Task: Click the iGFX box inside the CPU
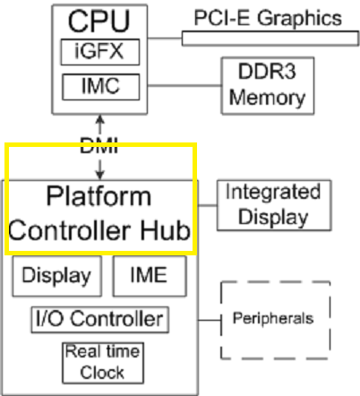coord(99,51)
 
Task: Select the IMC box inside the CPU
coord(99,87)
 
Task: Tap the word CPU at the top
coord(99,20)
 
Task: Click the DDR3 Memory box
coord(267,84)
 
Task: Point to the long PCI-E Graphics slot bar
coord(269,38)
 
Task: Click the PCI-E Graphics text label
coord(269,17)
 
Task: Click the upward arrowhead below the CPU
coord(99,118)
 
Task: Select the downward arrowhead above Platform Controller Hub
coord(99,173)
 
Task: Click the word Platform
coord(99,196)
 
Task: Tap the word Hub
coord(167,230)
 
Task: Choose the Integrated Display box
coord(272,204)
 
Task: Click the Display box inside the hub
coord(56,276)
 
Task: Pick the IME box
coord(150,276)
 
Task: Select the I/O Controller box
coord(99,318)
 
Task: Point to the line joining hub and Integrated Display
coord(207,205)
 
